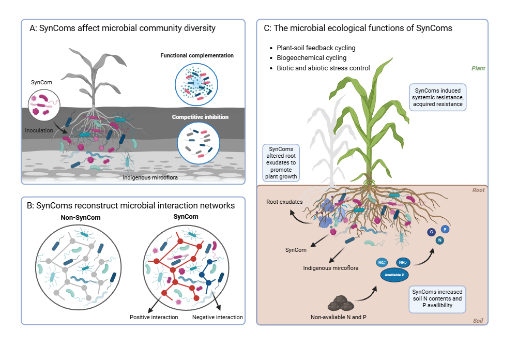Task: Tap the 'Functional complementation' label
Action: [x=197, y=55]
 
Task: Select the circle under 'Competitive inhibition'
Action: [x=196, y=142]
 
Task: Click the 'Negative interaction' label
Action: [x=217, y=317]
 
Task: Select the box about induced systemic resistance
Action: [x=437, y=97]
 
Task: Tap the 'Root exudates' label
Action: [x=284, y=202]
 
